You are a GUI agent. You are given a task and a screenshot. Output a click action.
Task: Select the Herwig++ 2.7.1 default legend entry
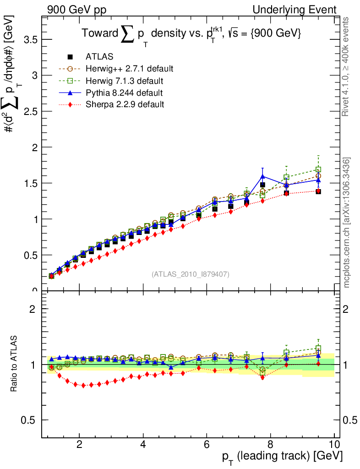pyautogui.click(x=129, y=69)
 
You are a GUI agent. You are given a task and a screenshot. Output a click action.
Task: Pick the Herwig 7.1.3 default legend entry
pyautogui.click(x=125, y=81)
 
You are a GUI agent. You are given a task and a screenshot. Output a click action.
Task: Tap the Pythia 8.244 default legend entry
pyautogui.click(x=124, y=93)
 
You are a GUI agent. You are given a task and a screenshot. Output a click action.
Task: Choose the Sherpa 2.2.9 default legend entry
pyautogui.click(x=125, y=104)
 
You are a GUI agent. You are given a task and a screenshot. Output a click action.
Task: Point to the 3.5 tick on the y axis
pyautogui.click(x=29, y=39)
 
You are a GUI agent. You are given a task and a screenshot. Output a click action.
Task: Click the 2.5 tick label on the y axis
pyautogui.click(x=29, y=111)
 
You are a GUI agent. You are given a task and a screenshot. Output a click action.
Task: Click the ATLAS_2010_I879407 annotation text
pyautogui.click(x=191, y=274)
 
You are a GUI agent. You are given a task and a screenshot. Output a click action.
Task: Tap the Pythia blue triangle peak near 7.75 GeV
pyautogui.click(x=262, y=176)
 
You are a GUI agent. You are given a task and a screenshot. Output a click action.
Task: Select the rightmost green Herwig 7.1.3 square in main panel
pyautogui.click(x=318, y=169)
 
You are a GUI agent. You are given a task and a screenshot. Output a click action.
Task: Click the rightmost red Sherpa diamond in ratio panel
pyautogui.click(x=318, y=364)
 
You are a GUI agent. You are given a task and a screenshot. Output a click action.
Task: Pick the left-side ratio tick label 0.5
pyautogui.click(x=29, y=420)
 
